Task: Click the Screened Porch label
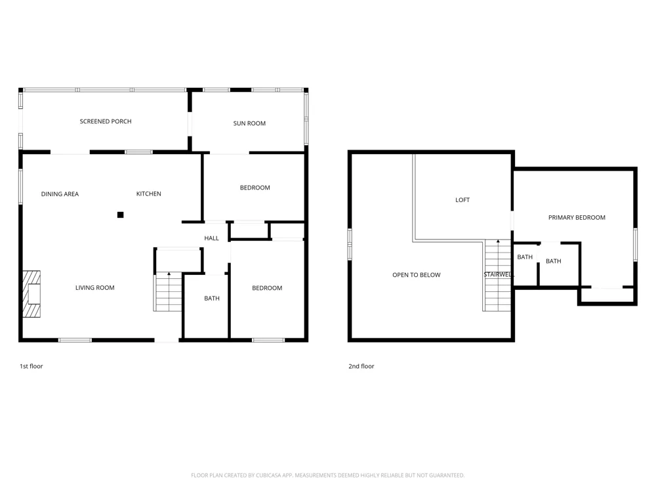(106, 121)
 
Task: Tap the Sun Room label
(249, 123)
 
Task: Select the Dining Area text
(60, 194)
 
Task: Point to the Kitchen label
(148, 194)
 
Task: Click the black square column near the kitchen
(121, 215)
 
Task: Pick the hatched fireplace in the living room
(31, 294)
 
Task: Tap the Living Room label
(95, 288)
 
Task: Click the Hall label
(211, 239)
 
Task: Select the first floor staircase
(168, 292)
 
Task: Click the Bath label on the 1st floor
(212, 298)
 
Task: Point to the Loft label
(462, 200)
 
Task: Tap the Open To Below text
(417, 275)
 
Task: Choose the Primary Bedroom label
(577, 218)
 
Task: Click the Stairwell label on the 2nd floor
(498, 274)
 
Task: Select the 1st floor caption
(31, 366)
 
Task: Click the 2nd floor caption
(361, 366)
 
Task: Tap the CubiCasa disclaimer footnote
(327, 475)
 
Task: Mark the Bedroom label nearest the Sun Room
(255, 188)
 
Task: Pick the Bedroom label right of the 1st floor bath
(267, 288)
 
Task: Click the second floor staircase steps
(497, 276)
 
